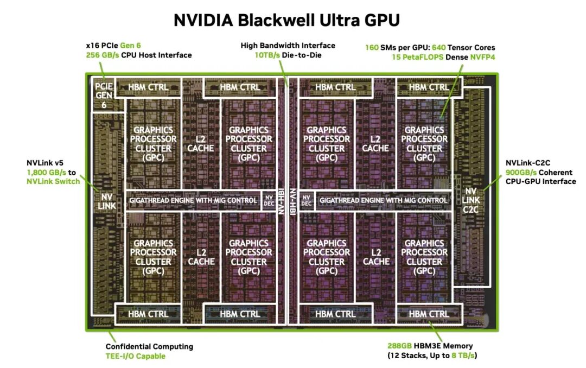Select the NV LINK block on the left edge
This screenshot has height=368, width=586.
pos(107,200)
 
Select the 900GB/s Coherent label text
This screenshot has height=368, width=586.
pos(519,172)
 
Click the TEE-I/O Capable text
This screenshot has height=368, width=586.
pos(136,356)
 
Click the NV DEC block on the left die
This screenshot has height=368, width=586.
pos(270,200)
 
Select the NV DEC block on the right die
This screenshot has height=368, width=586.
pos(307,200)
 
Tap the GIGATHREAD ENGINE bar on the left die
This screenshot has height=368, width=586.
pos(193,200)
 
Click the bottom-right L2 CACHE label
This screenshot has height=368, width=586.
pos(376,257)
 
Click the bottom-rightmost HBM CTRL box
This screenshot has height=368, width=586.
pos(429,314)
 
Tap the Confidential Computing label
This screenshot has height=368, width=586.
pos(149,346)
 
